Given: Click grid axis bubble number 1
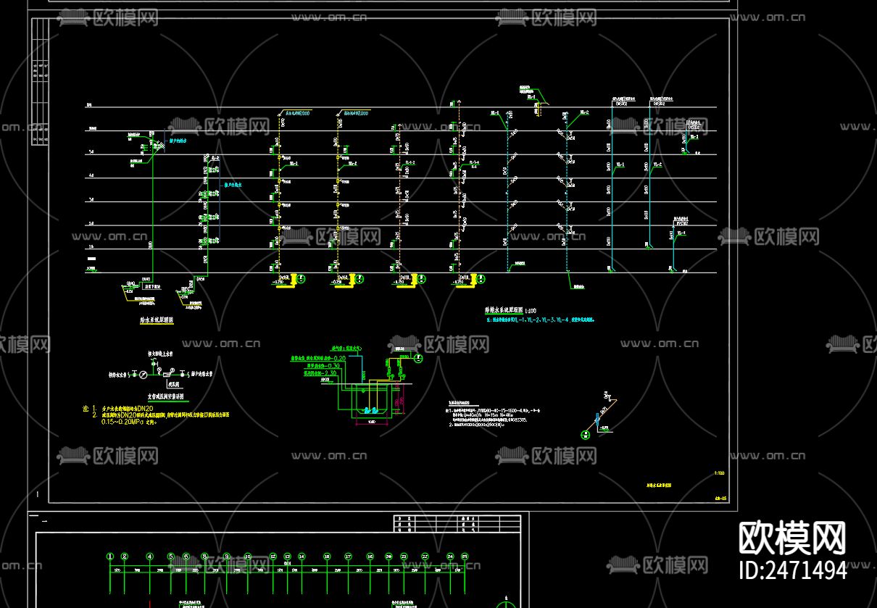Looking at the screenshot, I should click(x=110, y=557).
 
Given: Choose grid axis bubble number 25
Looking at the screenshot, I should click(x=465, y=557).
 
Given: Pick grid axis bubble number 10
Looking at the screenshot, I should click(x=247, y=557).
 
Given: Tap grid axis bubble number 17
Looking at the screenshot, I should click(x=348, y=557).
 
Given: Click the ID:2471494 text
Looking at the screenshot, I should click(x=792, y=570).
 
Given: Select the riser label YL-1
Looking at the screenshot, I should click(x=620, y=165).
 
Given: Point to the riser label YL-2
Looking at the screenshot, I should click(x=658, y=165).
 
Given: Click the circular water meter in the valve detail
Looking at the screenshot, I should click(x=143, y=375).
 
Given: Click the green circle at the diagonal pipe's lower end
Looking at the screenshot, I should click(x=585, y=435).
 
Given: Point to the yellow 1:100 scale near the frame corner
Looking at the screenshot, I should click(x=719, y=472).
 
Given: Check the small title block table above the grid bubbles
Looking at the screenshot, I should click(x=457, y=523).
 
